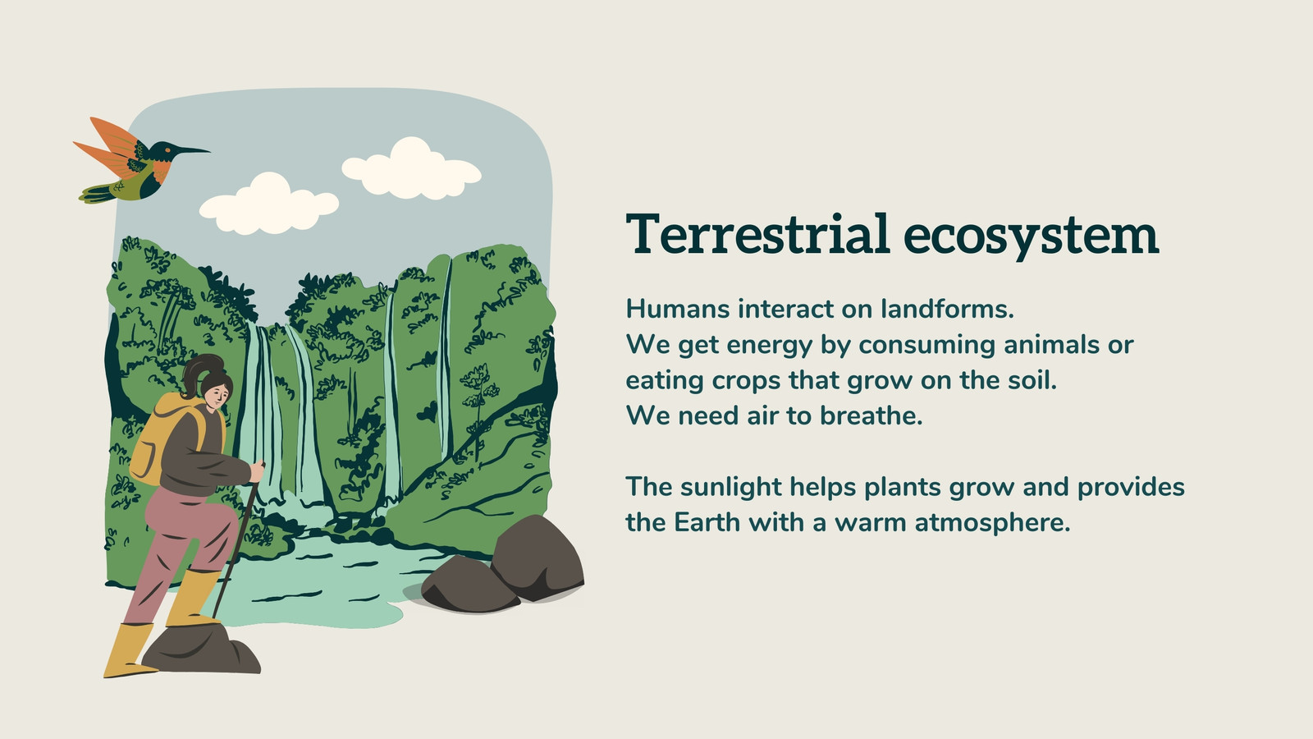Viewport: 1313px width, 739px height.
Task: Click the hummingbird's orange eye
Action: click(x=168, y=149)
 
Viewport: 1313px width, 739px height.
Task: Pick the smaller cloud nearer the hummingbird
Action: click(x=269, y=204)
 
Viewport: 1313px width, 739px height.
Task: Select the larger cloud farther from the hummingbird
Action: click(x=411, y=168)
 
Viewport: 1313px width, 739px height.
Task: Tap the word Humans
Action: click(x=678, y=309)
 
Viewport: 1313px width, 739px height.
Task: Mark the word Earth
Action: click(x=707, y=522)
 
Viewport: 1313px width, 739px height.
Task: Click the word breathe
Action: click(x=871, y=415)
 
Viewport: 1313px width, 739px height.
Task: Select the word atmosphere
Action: click(x=992, y=522)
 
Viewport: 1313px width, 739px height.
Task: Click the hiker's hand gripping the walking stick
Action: click(x=257, y=472)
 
